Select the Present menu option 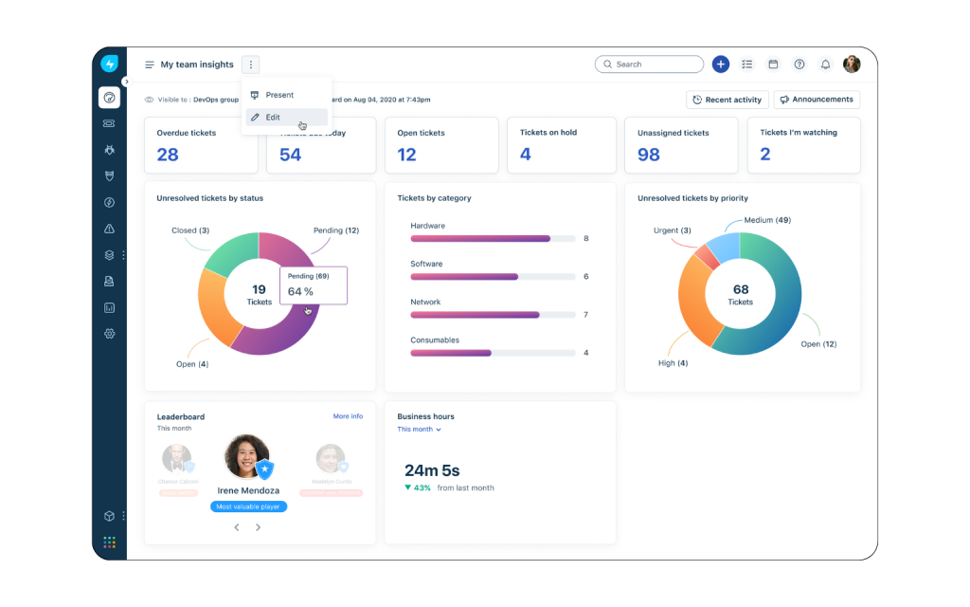point(278,95)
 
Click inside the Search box point(654,64)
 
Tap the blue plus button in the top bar point(721,64)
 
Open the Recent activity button point(727,100)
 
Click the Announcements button point(817,100)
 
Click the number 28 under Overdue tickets point(168,155)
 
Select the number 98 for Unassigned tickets point(649,155)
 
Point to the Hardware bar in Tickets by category point(480,239)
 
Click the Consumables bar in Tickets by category point(451,353)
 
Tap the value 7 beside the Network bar point(586,315)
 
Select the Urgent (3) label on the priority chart point(672,230)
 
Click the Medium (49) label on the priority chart point(767,220)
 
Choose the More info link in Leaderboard point(348,416)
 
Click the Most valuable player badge point(248,506)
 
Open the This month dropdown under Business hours point(419,430)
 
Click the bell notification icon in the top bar point(825,64)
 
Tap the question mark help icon point(799,64)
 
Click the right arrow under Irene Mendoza point(258,527)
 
